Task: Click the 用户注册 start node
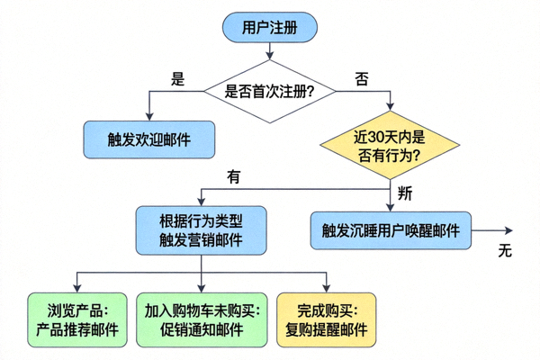tap(268, 28)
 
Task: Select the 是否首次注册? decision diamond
tap(268, 90)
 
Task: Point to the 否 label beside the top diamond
tap(362, 78)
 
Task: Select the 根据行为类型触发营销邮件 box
tap(201, 230)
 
